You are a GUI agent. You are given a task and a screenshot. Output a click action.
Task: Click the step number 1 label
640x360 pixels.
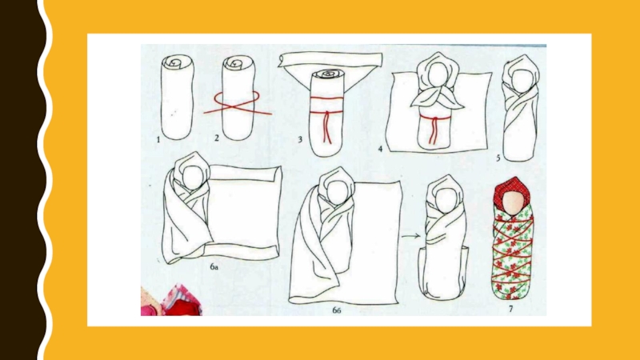pyautogui.click(x=158, y=140)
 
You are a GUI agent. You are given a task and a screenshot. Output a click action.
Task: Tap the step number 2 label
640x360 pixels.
pyautogui.click(x=217, y=138)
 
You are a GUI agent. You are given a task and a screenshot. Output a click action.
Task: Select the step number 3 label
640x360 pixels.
pyautogui.click(x=300, y=139)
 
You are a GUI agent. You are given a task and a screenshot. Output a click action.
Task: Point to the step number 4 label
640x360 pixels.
pyautogui.click(x=380, y=149)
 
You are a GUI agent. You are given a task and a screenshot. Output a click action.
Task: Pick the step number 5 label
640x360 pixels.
pyautogui.click(x=498, y=158)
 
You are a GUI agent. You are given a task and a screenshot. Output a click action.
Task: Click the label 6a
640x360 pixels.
pyautogui.click(x=214, y=267)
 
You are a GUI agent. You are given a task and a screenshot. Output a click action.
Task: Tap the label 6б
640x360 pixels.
pyautogui.click(x=336, y=310)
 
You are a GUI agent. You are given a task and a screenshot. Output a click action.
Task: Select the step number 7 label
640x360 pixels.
pyautogui.click(x=510, y=309)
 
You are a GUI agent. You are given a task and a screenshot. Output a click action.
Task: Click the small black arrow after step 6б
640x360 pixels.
pyautogui.click(x=410, y=236)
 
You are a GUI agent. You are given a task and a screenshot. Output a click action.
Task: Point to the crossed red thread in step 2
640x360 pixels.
pyautogui.click(x=237, y=103)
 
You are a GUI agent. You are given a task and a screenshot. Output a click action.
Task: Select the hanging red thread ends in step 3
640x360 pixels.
pyautogui.click(x=327, y=127)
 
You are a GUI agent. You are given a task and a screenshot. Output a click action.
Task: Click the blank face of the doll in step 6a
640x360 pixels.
pyautogui.click(x=192, y=178)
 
